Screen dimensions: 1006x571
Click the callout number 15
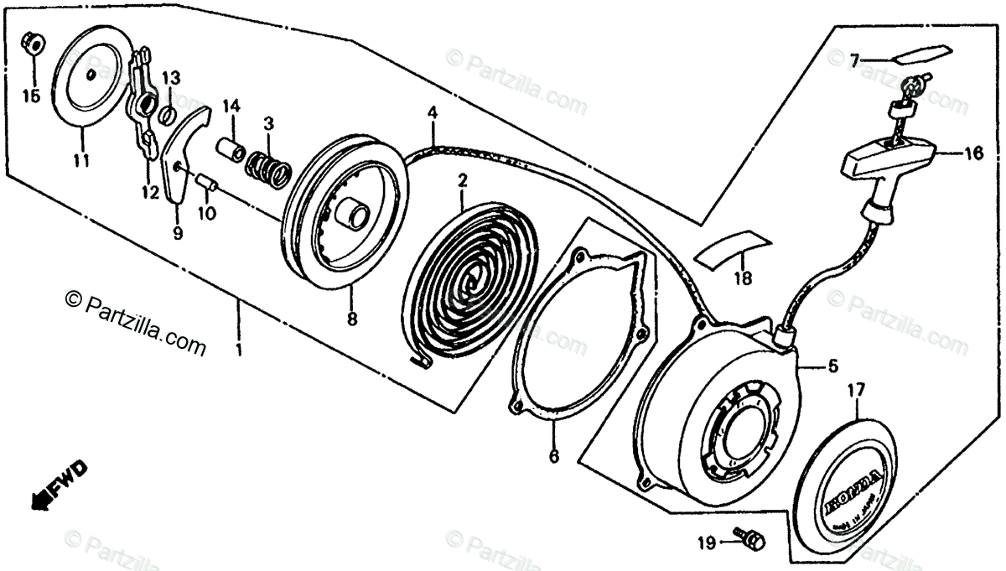coord(31,96)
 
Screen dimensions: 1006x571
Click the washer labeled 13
coord(167,114)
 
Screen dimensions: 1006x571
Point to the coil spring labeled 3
coord(267,164)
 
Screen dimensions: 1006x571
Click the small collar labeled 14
coord(231,151)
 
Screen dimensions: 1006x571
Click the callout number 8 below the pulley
coord(351,319)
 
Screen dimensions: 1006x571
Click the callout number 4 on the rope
coord(432,112)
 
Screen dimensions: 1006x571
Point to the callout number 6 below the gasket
coord(554,457)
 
